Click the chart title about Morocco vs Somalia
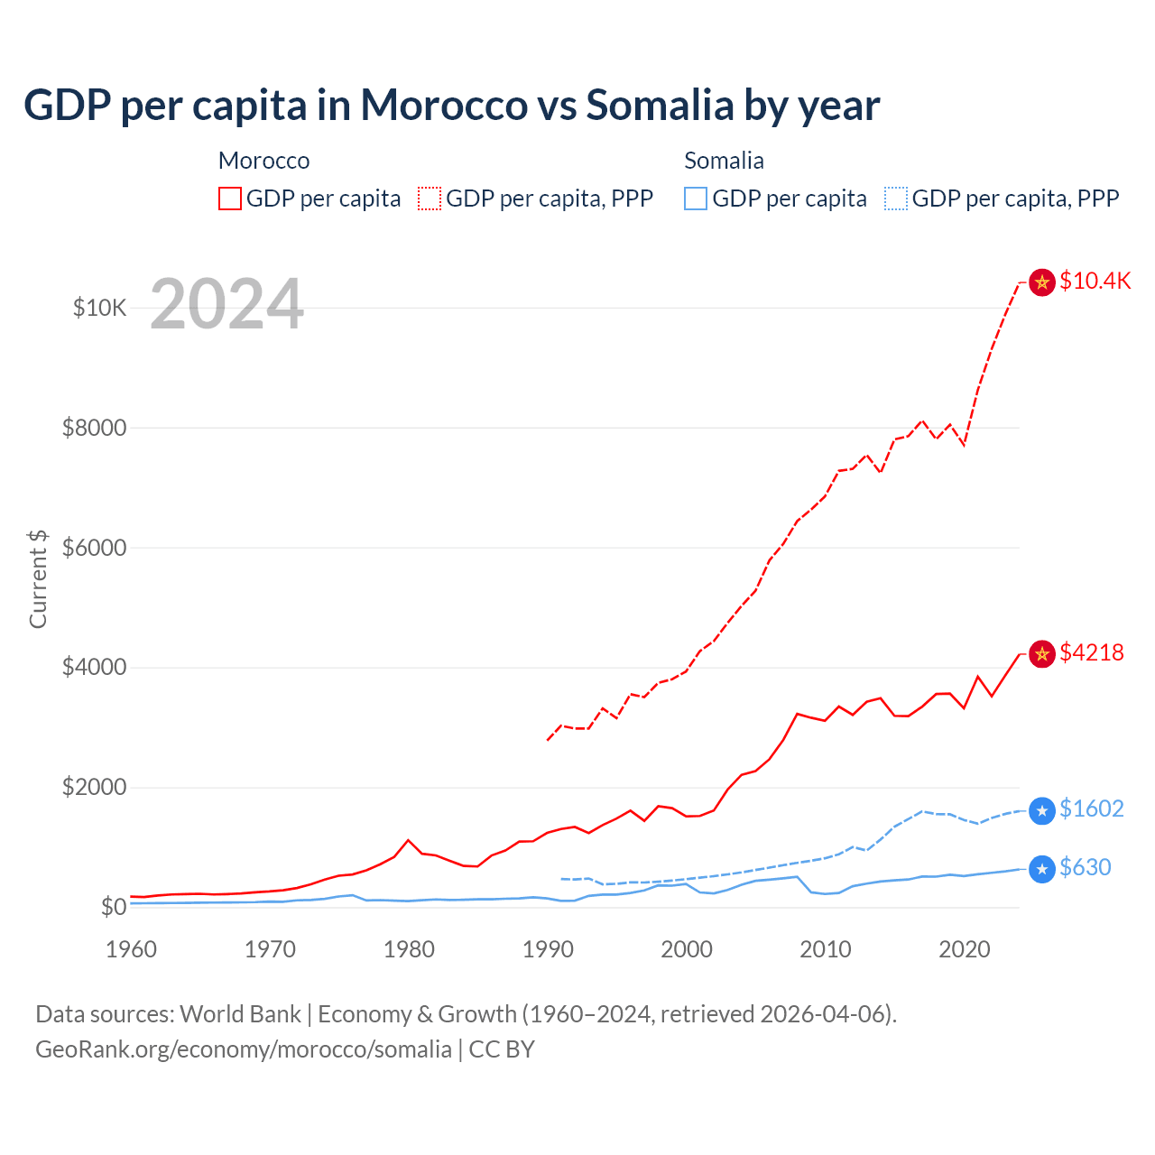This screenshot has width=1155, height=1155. [451, 106]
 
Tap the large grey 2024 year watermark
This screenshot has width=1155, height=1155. [226, 304]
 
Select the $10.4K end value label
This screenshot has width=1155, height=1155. [1095, 281]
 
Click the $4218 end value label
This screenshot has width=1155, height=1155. [1091, 652]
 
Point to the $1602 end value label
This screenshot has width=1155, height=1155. [1091, 808]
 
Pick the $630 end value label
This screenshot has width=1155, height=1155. [1085, 867]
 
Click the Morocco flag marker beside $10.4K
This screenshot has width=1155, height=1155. [1042, 282]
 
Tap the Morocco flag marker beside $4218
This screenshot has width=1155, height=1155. [1042, 653]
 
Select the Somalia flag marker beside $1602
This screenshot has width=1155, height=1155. [1042, 810]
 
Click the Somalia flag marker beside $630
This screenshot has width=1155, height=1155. [1042, 869]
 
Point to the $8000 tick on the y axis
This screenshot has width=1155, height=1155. [94, 428]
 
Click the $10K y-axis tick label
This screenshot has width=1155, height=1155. [99, 308]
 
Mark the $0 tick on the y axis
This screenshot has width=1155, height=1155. [113, 907]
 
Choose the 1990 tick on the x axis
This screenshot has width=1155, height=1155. [548, 949]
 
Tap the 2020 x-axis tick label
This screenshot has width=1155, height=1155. [965, 949]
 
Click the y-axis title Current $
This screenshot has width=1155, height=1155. [38, 578]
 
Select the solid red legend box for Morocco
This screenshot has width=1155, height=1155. [230, 199]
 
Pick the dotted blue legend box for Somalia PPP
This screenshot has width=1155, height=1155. [896, 199]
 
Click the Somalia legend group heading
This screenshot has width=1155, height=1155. [724, 161]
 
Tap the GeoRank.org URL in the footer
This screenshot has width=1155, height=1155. [244, 1049]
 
